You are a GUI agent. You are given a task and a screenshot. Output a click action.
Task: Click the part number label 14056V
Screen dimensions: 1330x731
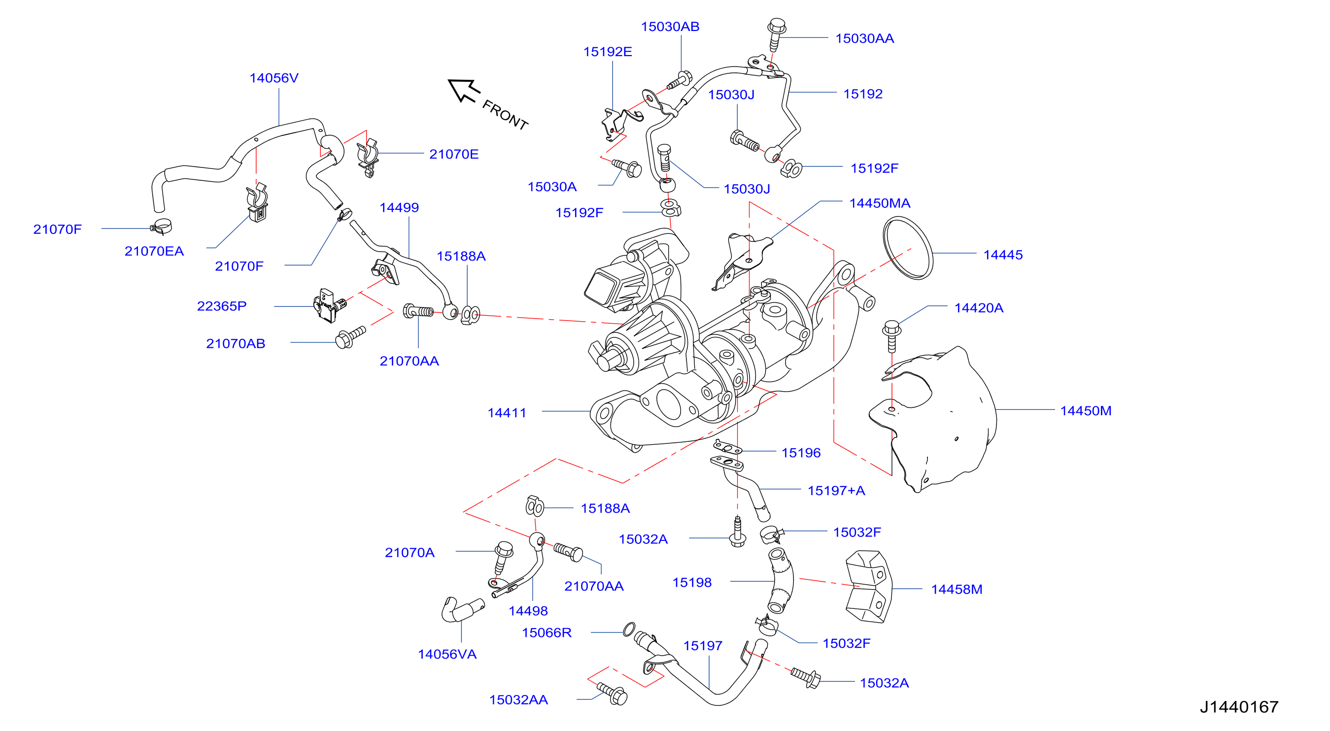tap(273, 78)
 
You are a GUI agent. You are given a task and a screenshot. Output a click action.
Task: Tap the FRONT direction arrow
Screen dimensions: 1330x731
tap(464, 91)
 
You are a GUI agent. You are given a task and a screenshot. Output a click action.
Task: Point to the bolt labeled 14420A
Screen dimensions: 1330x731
tap(891, 335)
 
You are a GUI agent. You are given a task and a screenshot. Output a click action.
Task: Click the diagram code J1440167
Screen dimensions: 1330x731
tap(1239, 707)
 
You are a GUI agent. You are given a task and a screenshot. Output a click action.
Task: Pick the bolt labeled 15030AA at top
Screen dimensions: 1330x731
tap(776, 34)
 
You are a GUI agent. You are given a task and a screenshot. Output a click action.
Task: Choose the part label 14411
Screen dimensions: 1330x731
tap(507, 412)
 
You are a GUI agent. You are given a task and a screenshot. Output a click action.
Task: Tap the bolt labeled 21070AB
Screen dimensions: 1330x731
tap(350, 336)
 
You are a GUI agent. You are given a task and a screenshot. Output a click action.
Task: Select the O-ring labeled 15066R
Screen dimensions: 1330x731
tap(629, 630)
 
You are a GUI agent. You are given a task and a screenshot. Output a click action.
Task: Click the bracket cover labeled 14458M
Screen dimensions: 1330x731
tap(869, 587)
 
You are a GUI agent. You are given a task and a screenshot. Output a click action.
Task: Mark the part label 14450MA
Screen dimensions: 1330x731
tap(879, 203)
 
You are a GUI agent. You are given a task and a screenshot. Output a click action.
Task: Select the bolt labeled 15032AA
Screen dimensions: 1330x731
tap(613, 693)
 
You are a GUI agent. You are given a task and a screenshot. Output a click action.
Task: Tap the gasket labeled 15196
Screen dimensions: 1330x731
tap(727, 447)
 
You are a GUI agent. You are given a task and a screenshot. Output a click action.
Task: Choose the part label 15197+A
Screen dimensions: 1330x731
tap(836, 491)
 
